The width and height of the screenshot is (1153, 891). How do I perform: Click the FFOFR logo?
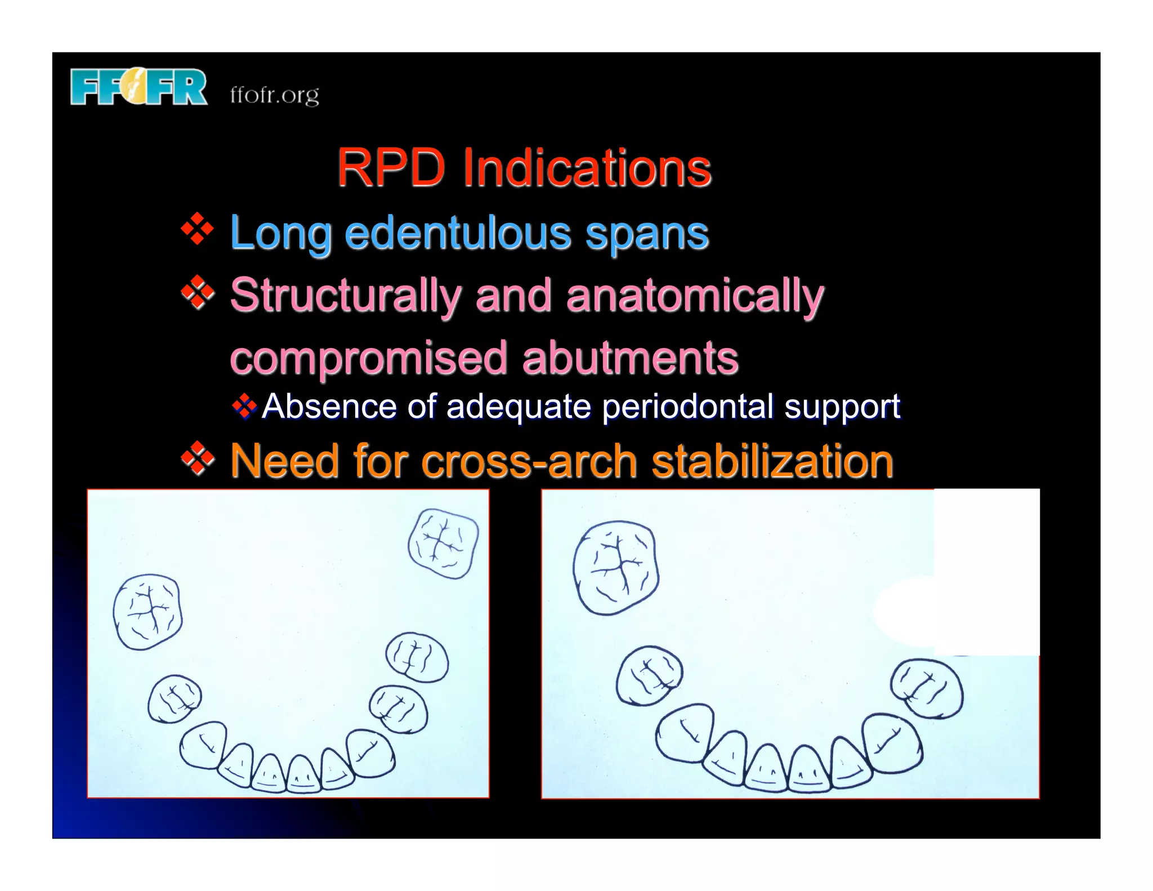pos(138,87)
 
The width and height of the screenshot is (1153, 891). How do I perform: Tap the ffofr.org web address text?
pos(274,95)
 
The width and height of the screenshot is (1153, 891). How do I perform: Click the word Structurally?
pos(346,296)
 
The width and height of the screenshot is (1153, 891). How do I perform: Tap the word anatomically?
pos(695,296)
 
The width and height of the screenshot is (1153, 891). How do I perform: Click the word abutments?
pos(630,358)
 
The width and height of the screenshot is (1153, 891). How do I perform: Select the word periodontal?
pos(687,407)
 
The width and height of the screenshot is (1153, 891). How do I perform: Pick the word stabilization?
pos(772,461)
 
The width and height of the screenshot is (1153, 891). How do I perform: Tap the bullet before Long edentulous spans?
pos(198,229)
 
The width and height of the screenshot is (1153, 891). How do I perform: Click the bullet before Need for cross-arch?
pos(198,460)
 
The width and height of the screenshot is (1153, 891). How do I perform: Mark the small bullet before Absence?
pos(244,406)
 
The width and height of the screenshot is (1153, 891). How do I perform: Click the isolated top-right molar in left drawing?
pos(443,543)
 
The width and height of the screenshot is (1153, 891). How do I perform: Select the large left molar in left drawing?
pos(148,612)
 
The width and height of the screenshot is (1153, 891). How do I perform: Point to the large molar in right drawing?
pos(615,567)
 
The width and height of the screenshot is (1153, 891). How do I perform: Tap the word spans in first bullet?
pos(647,233)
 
